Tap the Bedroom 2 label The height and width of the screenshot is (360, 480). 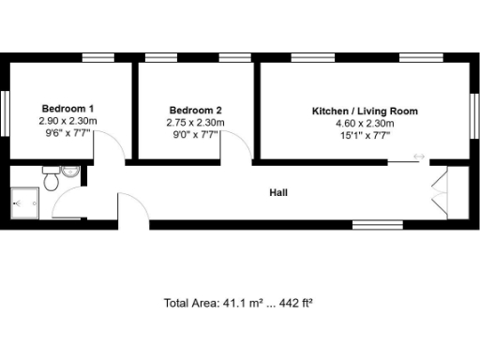click(x=195, y=109)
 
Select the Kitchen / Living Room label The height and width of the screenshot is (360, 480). click(x=365, y=111)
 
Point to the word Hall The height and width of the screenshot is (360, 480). click(x=278, y=193)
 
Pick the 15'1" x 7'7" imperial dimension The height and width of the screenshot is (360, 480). click(x=365, y=136)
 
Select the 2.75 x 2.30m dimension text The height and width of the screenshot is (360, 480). click(x=195, y=122)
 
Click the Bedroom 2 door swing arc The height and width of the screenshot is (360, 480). click(x=236, y=145)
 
